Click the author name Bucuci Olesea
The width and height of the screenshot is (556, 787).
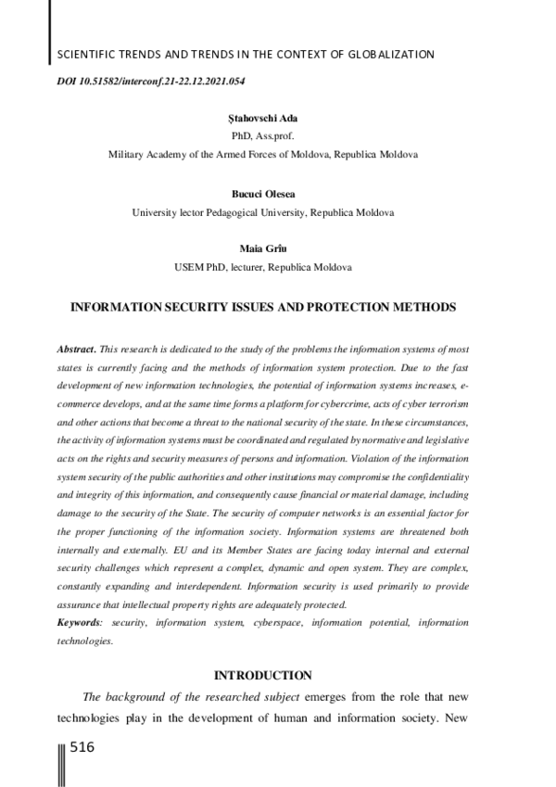tap(262, 195)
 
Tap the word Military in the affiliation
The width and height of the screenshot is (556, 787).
tap(126, 155)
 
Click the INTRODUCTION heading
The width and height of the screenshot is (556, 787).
tap(262, 675)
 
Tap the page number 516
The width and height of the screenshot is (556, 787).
tap(82, 747)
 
